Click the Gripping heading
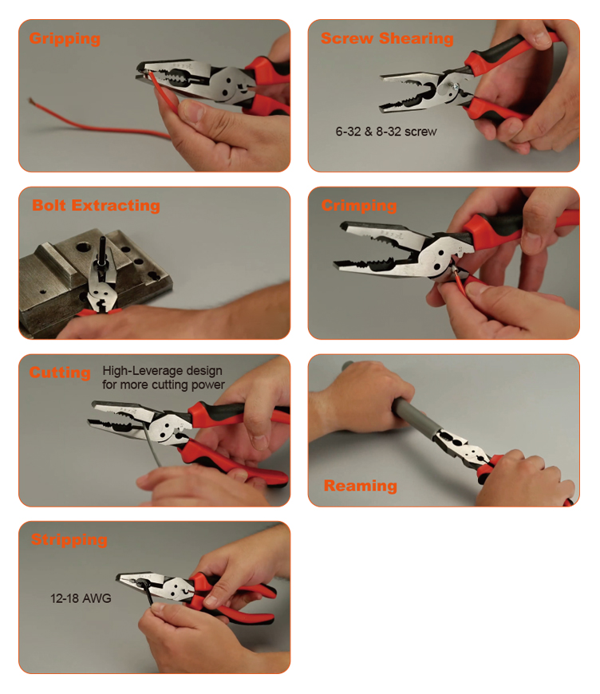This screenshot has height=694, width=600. coord(65,39)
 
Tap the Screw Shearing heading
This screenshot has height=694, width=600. coord(387,38)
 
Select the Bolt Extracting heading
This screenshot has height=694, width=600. coord(96,206)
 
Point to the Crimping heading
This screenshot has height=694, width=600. coord(359,206)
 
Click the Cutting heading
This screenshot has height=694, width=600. coord(60,373)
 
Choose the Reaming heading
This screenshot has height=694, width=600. coord(361,486)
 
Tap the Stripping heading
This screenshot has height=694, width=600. coord(69,539)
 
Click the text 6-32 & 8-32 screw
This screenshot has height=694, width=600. coord(386,132)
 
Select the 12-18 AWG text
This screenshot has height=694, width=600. coord(81,598)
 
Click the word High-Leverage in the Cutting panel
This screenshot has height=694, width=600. coord(143,371)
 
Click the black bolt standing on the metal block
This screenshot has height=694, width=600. coord(103,251)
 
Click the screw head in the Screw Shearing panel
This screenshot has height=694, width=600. coord(453,86)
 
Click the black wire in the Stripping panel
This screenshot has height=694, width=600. coord(147,593)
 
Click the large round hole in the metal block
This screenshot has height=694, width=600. coord(82,246)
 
